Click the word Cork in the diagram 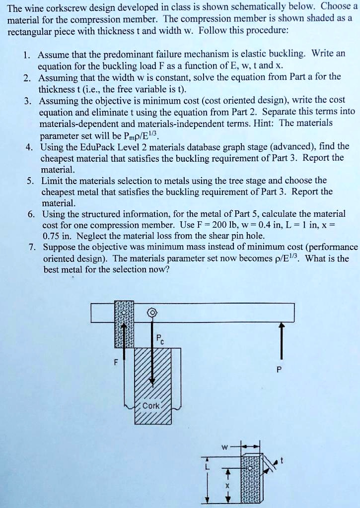(x=151, y=405)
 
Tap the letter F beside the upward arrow (x=115, y=361)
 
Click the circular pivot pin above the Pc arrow (x=152, y=313)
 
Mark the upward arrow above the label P (x=282, y=337)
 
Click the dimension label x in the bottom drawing (x=226, y=486)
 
